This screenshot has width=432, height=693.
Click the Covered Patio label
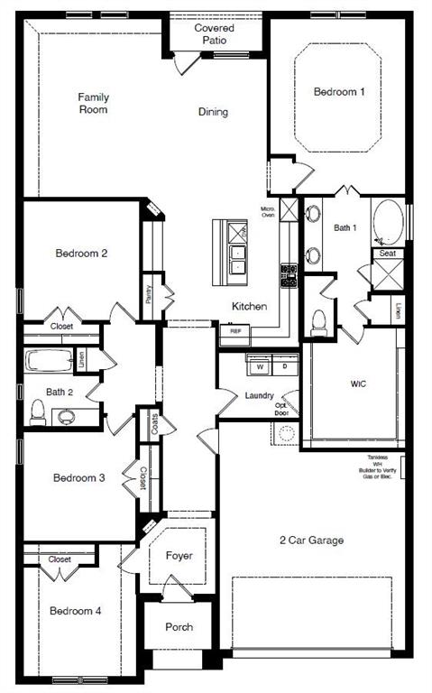coord(216,34)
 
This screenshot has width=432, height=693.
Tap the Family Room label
coord(93,103)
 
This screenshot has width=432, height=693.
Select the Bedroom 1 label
coord(340,91)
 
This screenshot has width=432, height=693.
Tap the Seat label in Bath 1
coord(388,254)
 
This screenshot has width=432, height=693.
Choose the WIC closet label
coord(358,383)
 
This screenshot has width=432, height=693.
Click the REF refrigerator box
coord(235,331)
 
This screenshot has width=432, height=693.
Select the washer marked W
coord(260,367)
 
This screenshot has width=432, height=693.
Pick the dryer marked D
coord(284,367)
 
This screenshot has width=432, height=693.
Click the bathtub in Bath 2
coord(50,362)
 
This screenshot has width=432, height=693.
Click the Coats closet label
coord(154,424)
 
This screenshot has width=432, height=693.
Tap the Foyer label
coord(179,555)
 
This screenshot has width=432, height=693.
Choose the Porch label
coord(179,627)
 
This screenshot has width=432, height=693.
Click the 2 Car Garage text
coord(310,541)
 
